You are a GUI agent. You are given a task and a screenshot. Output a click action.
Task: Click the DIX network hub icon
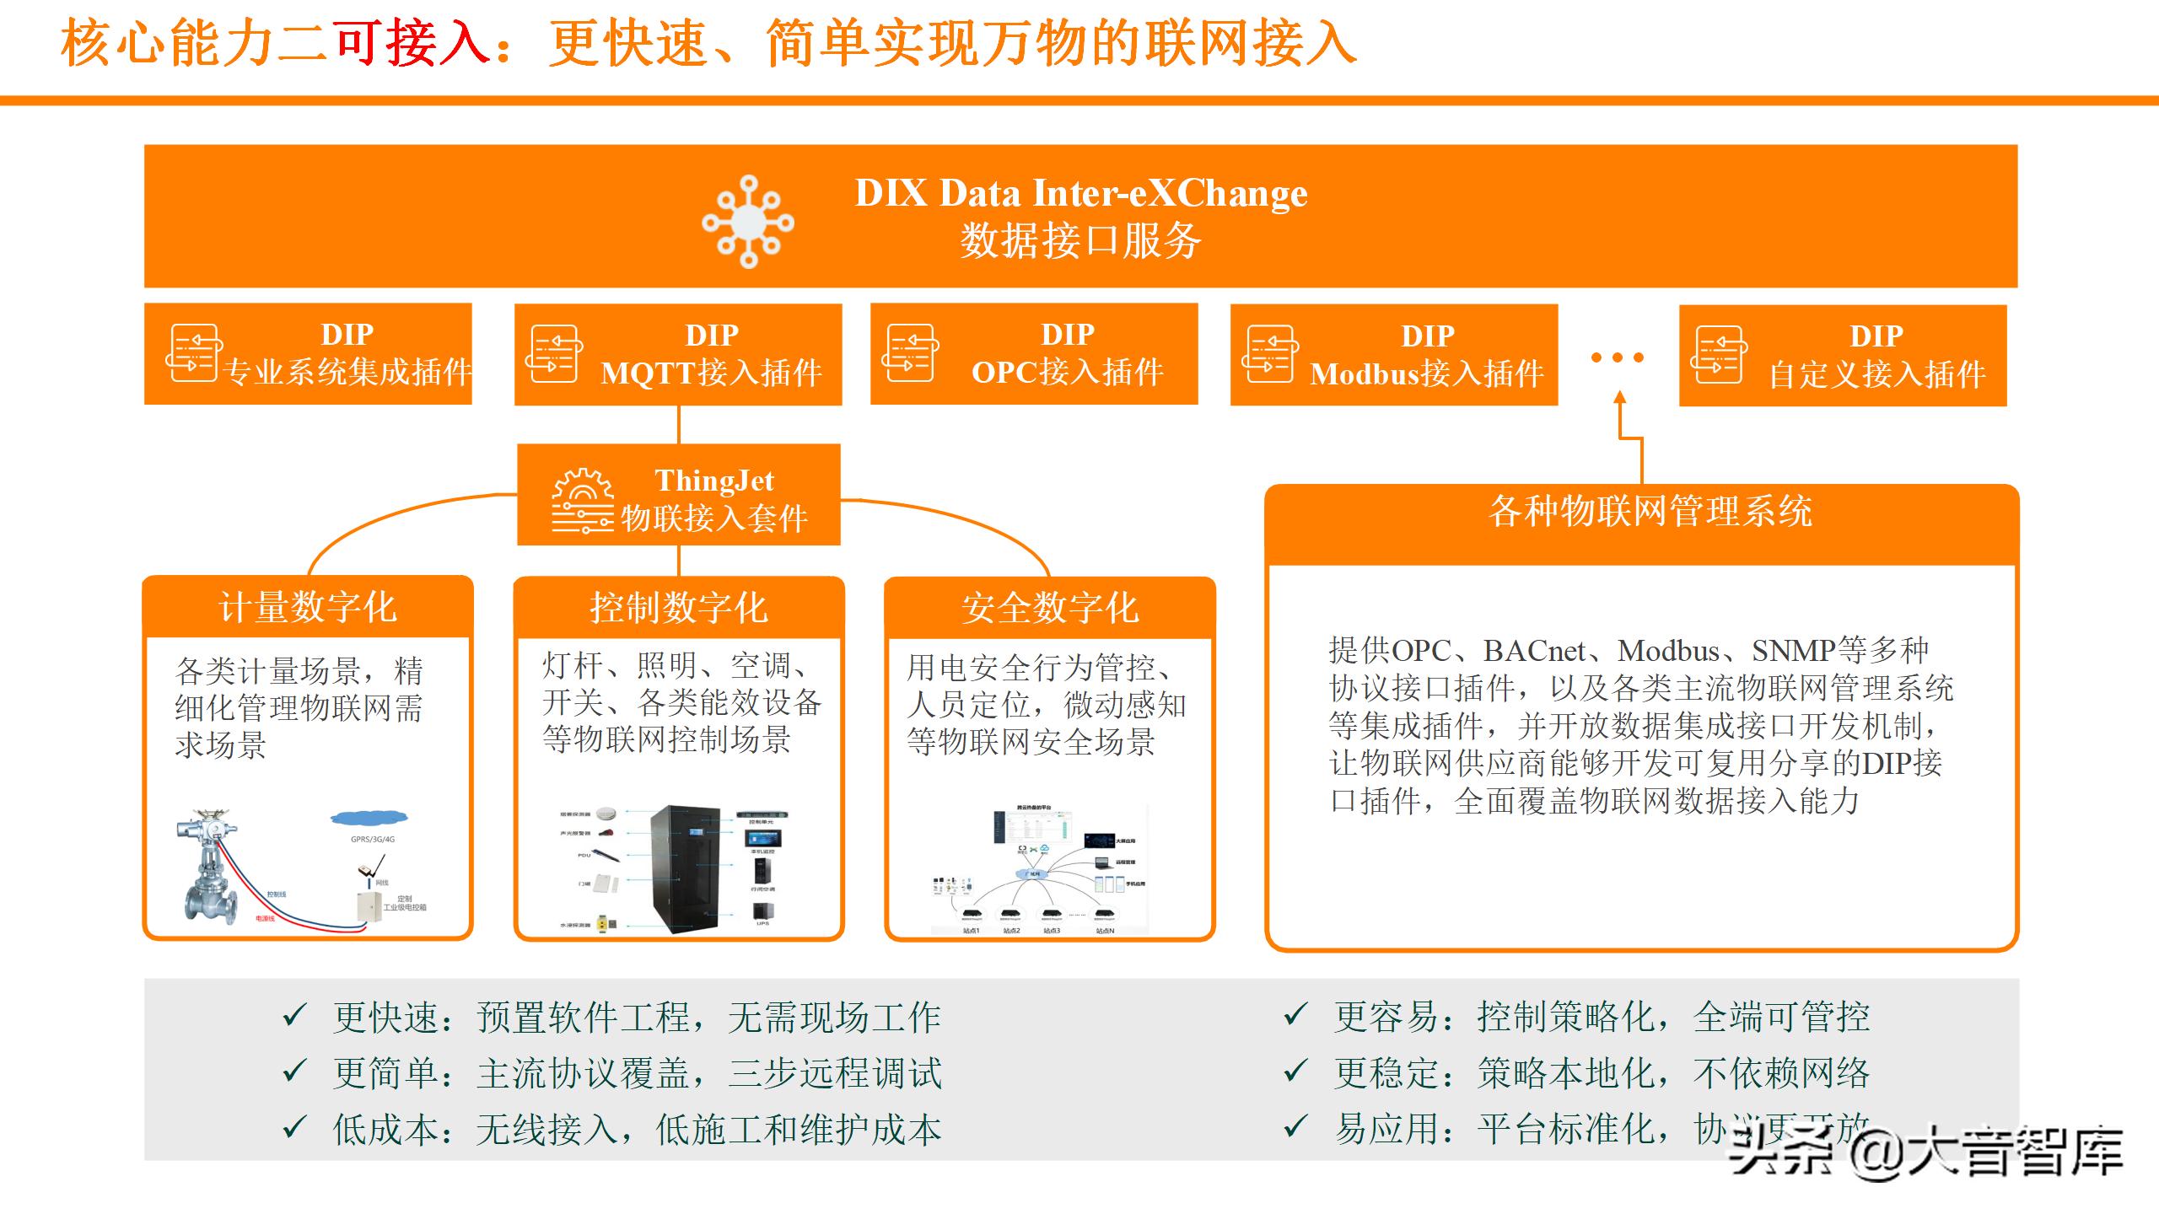[748, 222]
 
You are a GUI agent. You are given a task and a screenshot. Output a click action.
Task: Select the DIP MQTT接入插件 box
[678, 354]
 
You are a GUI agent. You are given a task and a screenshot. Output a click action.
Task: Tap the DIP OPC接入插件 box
[1034, 354]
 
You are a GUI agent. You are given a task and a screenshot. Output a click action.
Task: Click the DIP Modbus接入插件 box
[1393, 355]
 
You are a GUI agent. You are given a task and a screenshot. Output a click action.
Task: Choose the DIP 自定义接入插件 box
[1842, 356]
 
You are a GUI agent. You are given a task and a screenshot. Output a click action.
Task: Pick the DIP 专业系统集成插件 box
[308, 354]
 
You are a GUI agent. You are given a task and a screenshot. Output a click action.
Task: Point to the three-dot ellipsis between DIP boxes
[1617, 357]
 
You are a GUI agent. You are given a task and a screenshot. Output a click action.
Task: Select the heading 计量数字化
[308, 607]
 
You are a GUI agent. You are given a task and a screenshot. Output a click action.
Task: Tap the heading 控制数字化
[679, 608]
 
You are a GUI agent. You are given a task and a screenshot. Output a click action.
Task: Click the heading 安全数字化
[1050, 608]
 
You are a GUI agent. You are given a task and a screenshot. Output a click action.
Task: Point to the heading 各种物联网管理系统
[1650, 511]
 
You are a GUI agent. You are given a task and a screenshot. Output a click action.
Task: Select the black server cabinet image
[685, 869]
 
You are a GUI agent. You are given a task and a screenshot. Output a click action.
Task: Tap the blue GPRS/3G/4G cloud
[369, 817]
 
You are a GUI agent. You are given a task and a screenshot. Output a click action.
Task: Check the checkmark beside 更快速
[294, 1015]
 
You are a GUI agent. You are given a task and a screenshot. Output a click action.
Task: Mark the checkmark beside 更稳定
[1295, 1072]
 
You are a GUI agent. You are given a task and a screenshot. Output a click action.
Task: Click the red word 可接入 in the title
[411, 44]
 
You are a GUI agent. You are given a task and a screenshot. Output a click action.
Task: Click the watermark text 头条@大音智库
[1926, 1152]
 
